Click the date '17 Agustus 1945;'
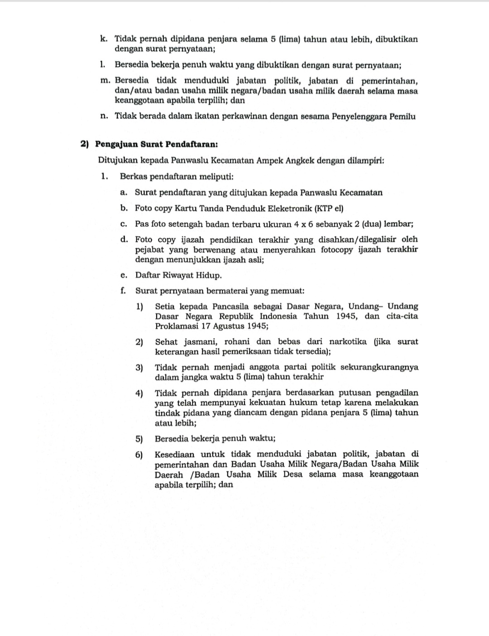tap(233, 326)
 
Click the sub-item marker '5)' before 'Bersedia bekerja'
tap(139, 439)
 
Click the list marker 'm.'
tap(105, 81)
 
